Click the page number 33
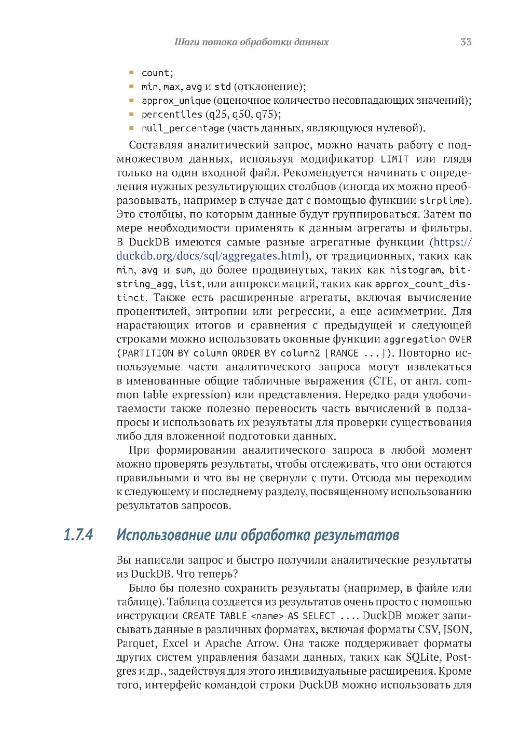(466, 42)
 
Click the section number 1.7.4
(78, 535)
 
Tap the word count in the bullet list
(156, 73)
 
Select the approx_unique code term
(176, 101)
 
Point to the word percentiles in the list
(172, 115)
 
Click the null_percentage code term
(183, 128)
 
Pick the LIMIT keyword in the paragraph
(394, 159)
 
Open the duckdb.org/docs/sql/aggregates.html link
(210, 256)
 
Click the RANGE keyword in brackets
(344, 353)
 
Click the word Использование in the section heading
(163, 535)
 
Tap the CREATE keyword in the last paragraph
(199, 616)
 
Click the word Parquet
(136, 644)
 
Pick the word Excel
(175, 644)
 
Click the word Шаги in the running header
(186, 42)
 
